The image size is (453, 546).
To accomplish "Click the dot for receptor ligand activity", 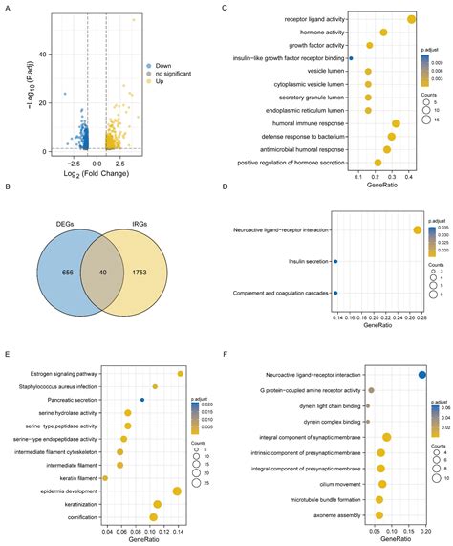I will pos(411,19).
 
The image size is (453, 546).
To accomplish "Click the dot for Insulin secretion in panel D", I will pos(335,261).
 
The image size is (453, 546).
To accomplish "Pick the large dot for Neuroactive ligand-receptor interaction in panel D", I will pos(417,229).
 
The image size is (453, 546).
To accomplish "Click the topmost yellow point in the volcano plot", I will pos(135,20).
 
